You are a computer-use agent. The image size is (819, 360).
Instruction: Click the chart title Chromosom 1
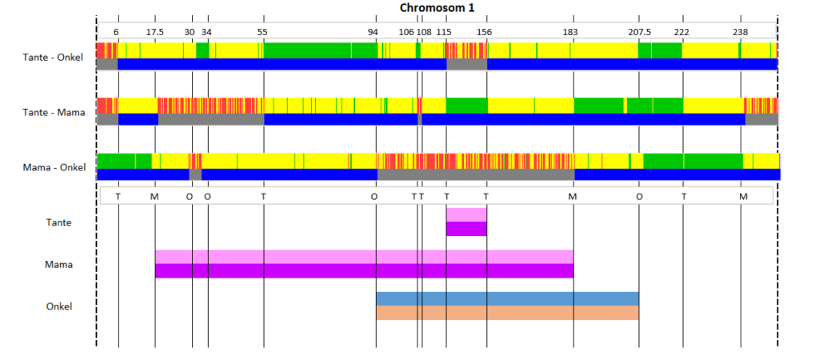437,8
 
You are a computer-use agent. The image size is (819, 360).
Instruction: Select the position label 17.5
154,32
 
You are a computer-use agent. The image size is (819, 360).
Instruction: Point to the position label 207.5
639,32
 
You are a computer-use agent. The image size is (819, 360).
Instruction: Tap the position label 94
373,32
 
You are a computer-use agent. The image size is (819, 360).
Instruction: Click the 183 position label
570,32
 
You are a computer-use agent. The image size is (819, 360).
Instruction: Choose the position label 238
740,32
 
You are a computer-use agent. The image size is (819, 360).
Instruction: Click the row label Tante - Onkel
53,58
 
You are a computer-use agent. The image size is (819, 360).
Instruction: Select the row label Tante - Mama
54,112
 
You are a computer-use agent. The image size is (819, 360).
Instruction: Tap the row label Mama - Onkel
54,168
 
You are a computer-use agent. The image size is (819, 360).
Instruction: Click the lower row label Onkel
59,306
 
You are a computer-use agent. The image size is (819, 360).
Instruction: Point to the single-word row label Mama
58,264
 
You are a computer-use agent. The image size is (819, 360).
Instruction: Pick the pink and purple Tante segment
466,222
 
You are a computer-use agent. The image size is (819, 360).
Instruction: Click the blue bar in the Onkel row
508,299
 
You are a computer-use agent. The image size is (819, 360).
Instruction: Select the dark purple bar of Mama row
365,270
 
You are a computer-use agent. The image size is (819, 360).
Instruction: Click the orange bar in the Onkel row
508,313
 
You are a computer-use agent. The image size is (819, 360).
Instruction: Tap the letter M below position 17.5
154,197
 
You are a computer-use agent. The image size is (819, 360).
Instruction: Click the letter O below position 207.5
639,197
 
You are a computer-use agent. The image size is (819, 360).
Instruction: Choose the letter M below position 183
573,197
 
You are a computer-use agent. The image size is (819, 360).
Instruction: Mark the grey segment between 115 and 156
467,64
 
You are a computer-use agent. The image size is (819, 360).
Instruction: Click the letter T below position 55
264,197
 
